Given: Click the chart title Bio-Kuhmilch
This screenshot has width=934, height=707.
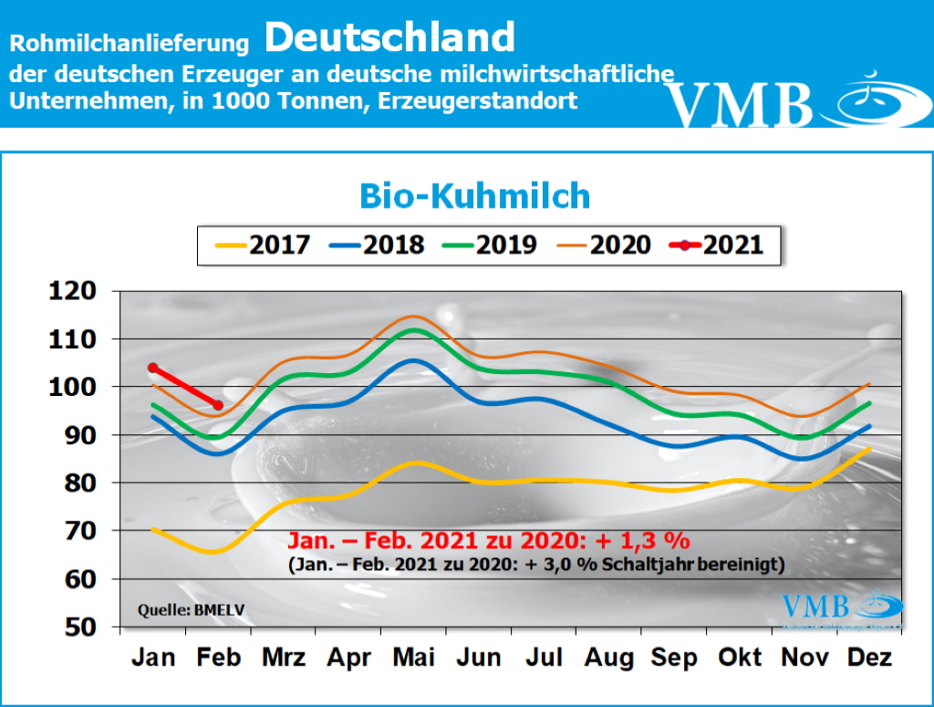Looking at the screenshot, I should (473, 196).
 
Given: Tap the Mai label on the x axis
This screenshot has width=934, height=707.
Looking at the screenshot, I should (415, 658).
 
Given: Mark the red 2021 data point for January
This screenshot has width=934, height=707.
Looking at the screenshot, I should (153, 368).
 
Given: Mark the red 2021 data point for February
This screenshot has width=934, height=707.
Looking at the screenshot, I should (218, 405).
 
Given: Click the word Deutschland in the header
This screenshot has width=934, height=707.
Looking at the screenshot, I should (390, 38).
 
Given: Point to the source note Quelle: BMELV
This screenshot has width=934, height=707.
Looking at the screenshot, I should (184, 609).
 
